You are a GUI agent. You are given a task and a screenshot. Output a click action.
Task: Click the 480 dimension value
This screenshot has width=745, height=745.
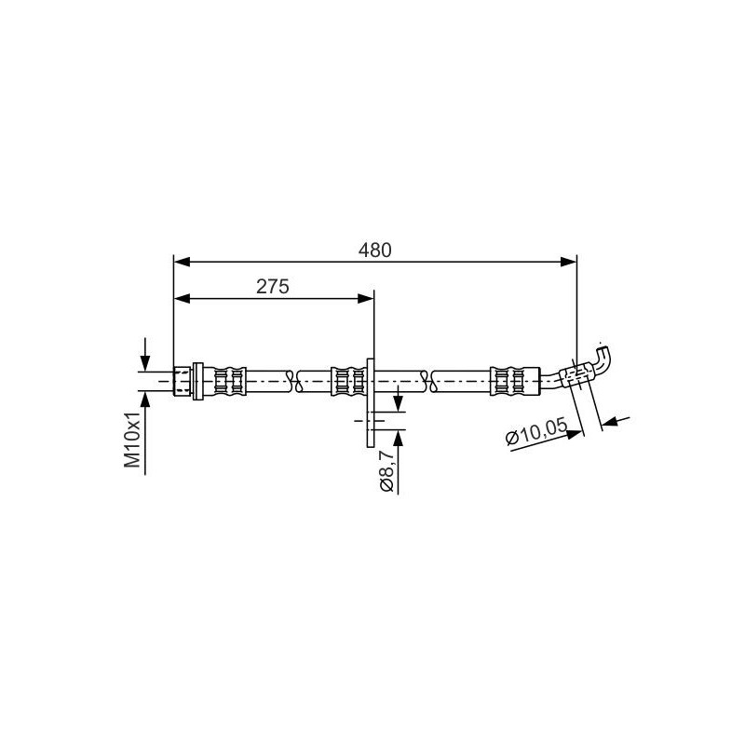375,251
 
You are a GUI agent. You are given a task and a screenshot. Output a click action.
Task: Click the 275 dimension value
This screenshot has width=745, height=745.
272,287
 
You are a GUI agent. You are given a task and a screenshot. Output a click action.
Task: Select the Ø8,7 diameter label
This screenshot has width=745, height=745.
386,470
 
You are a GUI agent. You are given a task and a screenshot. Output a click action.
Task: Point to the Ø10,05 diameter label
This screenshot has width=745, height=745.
537,430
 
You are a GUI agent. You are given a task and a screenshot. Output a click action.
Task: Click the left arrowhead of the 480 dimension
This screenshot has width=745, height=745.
182,262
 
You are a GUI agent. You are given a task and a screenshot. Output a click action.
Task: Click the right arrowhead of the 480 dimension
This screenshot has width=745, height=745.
568,262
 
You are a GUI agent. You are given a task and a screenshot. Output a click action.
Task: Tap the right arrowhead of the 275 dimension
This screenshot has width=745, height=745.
365,298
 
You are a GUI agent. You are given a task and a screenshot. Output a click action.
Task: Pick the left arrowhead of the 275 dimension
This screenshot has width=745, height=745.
182,298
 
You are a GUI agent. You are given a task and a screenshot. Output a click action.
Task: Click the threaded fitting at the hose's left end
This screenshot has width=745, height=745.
182,381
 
